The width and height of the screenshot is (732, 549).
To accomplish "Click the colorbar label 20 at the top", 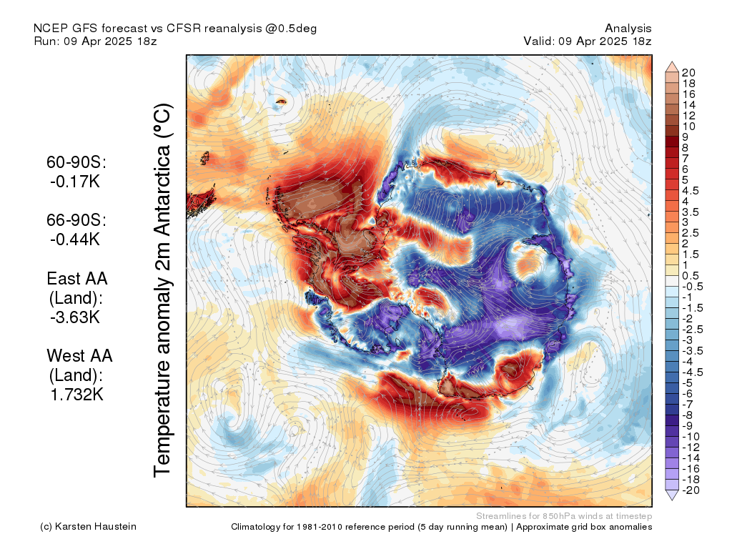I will (x=688, y=73).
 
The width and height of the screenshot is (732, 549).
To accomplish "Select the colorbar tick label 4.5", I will (x=689, y=190).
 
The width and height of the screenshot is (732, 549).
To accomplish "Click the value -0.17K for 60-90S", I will (x=75, y=182).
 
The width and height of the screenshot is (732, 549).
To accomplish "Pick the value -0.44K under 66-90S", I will (x=74, y=239).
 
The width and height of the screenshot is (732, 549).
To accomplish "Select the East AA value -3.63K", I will (x=74, y=317).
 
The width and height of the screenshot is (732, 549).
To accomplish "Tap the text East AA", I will (x=77, y=279).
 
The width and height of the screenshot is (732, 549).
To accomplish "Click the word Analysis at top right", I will (x=628, y=28).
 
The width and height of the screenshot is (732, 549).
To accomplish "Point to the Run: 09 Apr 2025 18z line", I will (x=95, y=41).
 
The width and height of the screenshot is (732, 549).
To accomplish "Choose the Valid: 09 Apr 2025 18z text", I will (x=588, y=41).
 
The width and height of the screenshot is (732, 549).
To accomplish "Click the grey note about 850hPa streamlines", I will (x=563, y=515).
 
